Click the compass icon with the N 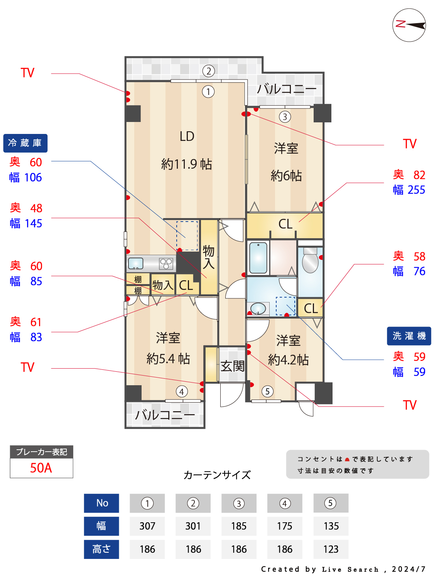(x=409, y=25)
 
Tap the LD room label (x=187, y=136)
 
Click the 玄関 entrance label (x=233, y=366)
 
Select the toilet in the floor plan (x=310, y=260)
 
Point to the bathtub (x=258, y=257)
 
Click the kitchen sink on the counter (x=135, y=263)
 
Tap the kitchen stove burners (x=166, y=264)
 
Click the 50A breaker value (x=41, y=468)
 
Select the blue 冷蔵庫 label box (x=25, y=143)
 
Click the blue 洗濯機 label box (x=409, y=336)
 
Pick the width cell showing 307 (x=147, y=526)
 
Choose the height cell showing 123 (x=331, y=549)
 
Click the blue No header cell (x=102, y=503)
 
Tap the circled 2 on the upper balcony (x=208, y=71)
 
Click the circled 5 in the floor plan (x=267, y=391)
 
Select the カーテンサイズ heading (x=217, y=475)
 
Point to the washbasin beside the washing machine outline (x=258, y=308)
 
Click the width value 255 (x=416, y=190)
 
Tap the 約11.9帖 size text (x=187, y=164)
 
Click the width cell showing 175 (x=285, y=526)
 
